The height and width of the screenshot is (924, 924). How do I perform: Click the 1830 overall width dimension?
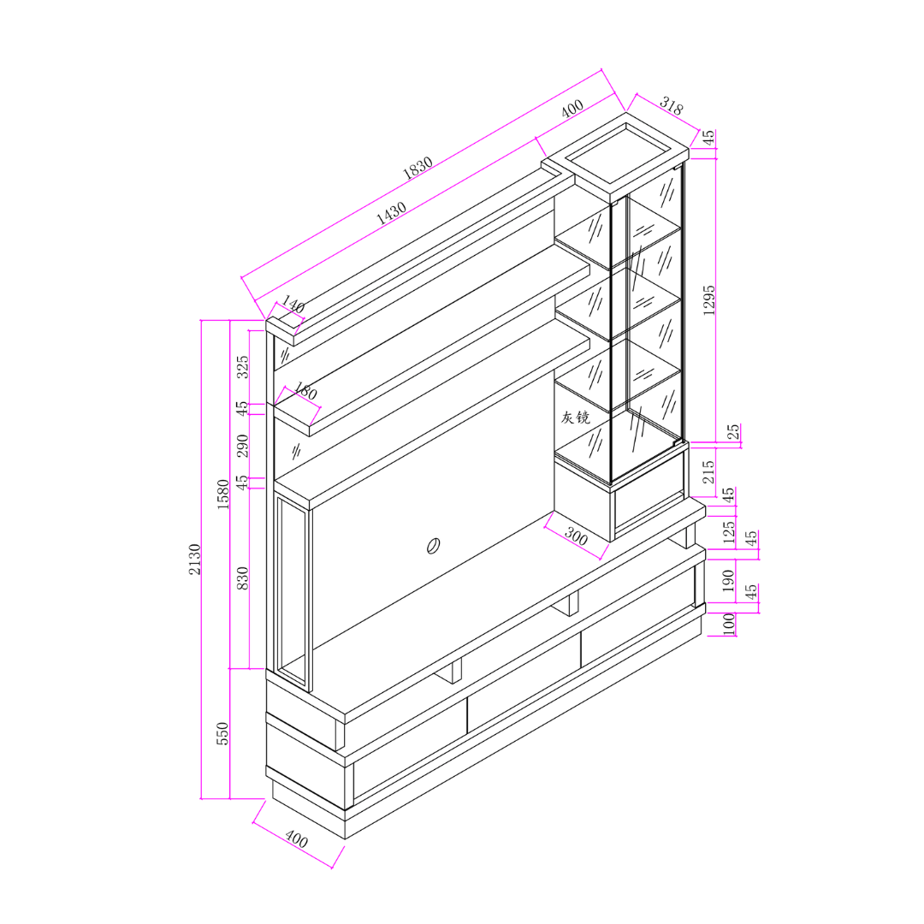click(418, 168)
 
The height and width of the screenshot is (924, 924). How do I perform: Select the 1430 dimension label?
click(391, 213)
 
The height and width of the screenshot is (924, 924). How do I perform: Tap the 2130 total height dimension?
click(194, 560)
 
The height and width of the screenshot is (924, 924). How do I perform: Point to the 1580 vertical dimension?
click(222, 495)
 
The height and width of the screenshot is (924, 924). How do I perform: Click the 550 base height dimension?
click(222, 734)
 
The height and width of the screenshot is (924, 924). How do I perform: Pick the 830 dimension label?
click(241, 578)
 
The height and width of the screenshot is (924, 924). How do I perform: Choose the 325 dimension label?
click(242, 367)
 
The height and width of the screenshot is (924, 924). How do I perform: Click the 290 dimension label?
click(242, 446)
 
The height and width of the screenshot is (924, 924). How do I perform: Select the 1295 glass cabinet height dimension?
click(709, 300)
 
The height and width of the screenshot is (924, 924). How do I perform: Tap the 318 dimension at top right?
click(672, 106)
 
